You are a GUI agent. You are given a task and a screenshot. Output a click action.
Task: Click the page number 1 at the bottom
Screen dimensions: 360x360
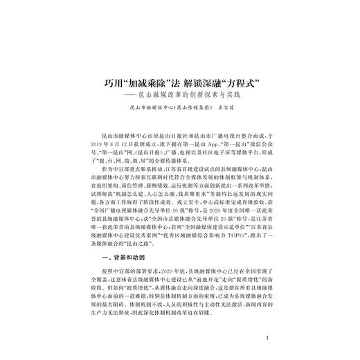267,339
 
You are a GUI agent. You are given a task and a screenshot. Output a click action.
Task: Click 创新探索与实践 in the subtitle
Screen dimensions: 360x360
222,94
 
